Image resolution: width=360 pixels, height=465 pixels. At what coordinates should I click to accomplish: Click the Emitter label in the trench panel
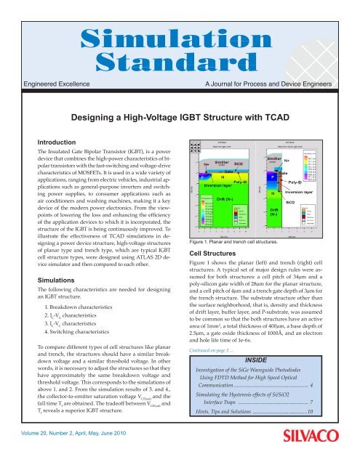click(x=275, y=158)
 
